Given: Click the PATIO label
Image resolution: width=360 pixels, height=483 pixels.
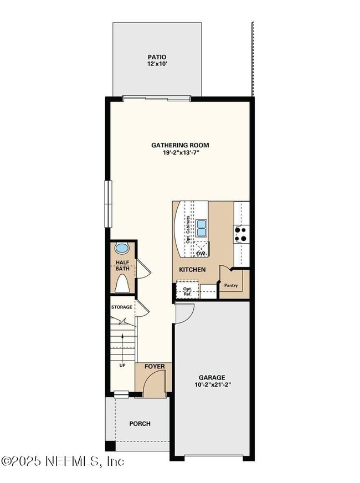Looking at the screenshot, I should [x=157, y=57].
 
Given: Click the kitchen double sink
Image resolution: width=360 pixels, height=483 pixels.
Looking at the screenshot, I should [x=202, y=226].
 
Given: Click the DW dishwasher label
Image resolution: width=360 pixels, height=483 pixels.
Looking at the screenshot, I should [x=201, y=254].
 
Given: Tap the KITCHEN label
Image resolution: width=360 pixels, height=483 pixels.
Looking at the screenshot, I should [x=192, y=270].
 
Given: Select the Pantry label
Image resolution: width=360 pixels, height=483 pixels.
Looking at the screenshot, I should [x=231, y=286].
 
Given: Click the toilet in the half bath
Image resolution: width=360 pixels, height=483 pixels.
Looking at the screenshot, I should [x=122, y=284].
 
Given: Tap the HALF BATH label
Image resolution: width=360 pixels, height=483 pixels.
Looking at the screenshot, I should [x=122, y=266].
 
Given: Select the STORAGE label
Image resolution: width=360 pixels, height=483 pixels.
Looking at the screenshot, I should [x=121, y=307].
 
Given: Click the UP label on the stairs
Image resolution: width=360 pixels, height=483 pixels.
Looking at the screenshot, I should [x=122, y=365].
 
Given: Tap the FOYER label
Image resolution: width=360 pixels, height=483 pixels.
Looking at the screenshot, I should [x=155, y=367].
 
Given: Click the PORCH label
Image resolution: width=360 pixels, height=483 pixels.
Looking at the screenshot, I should [x=140, y=424].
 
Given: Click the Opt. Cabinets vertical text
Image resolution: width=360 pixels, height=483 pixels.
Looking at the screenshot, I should [x=188, y=229].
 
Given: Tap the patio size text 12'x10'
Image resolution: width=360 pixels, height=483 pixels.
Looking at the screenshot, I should [x=157, y=64].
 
